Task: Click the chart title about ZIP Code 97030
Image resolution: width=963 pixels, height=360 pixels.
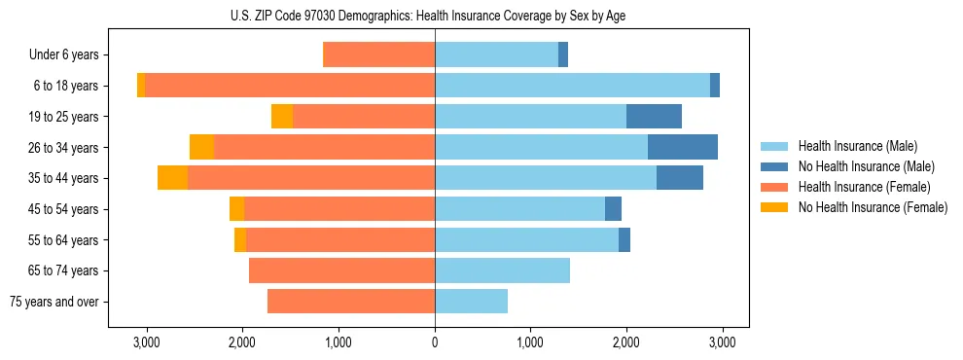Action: [x=435, y=16]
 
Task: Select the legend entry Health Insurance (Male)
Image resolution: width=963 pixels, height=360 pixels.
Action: [x=851, y=146]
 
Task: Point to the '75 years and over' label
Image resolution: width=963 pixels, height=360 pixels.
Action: [x=54, y=302]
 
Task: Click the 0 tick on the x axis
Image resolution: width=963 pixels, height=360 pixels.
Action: [x=435, y=342]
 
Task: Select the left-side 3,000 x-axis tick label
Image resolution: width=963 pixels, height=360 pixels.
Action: [x=147, y=342]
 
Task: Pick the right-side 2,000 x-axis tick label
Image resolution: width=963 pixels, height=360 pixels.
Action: [x=626, y=342]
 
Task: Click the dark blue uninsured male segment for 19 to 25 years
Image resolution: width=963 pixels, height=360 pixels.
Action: [x=654, y=117]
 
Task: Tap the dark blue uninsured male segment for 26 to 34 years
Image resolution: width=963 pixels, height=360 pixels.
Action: [x=682, y=148]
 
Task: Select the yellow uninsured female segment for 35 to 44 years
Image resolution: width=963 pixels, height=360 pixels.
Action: [x=172, y=178]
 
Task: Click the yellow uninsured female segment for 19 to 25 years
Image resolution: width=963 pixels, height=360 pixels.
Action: [x=282, y=117]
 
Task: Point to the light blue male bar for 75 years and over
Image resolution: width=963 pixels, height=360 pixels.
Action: [x=471, y=302]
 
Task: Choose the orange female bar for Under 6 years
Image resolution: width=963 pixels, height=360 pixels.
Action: [x=378, y=55]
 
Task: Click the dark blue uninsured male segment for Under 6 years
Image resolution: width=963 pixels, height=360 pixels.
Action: [x=563, y=55]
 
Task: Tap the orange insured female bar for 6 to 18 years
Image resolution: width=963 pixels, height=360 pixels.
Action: [x=290, y=86]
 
